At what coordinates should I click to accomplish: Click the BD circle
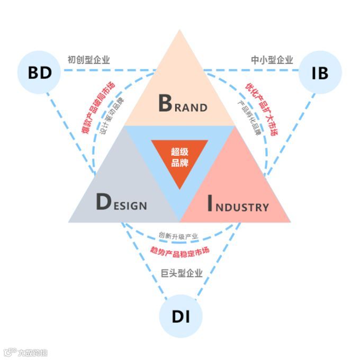[x=39, y=73]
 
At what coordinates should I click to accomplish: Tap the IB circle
[x=319, y=73]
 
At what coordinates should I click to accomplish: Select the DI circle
[x=180, y=317]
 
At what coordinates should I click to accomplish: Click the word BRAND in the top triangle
[x=183, y=104]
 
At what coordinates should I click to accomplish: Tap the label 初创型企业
[x=88, y=60]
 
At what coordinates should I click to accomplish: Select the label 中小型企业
[x=272, y=60]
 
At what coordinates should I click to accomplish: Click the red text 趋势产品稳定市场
[x=180, y=249]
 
